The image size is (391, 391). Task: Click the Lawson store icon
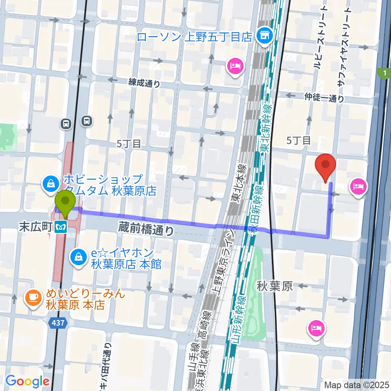(265, 36)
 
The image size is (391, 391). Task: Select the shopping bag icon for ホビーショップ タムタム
(51, 184)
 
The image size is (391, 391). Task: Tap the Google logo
(27, 381)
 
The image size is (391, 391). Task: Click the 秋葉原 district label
(275, 286)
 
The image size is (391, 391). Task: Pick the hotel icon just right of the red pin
(358, 187)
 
